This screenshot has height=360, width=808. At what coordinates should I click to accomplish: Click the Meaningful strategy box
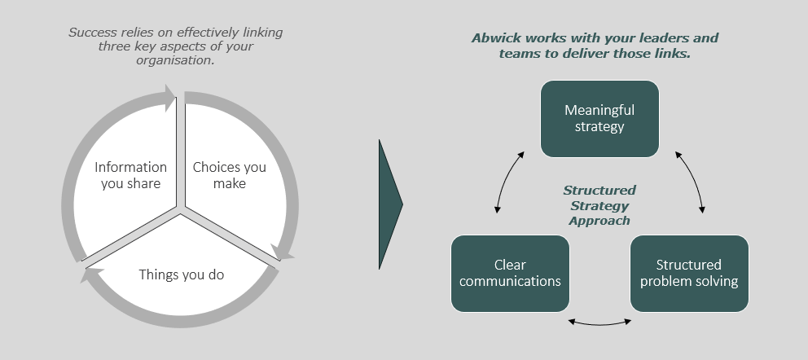[599, 118]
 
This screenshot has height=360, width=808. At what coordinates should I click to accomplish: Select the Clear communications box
[510, 273]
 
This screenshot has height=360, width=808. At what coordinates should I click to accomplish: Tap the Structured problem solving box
[689, 273]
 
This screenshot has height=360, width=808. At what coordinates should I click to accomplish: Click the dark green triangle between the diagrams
[389, 204]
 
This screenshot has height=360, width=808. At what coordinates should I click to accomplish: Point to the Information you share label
[130, 175]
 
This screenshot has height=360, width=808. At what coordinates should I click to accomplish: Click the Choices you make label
[229, 175]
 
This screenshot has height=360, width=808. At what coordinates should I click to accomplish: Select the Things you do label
[181, 274]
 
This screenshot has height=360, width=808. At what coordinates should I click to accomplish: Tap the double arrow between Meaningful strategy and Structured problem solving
[689, 181]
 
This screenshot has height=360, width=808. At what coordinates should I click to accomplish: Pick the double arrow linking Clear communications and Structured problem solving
[599, 322]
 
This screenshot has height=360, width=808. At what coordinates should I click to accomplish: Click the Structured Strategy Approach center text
[599, 205]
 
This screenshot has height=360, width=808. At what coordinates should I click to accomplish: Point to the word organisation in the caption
[175, 60]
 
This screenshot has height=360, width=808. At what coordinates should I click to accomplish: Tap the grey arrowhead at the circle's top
[170, 98]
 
